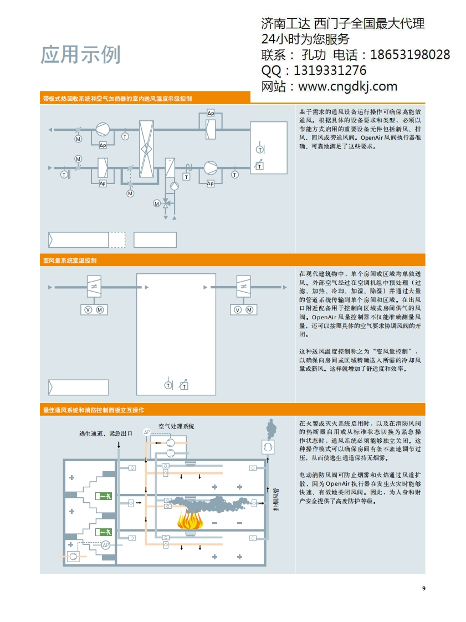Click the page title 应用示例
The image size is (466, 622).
pyautogui.click(x=80, y=54)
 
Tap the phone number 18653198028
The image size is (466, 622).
pyautogui.click(x=409, y=55)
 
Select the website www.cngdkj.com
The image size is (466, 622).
pyautogui.click(x=347, y=86)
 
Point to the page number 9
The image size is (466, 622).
pyautogui.click(x=423, y=588)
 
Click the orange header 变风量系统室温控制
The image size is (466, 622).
pyautogui.click(x=70, y=260)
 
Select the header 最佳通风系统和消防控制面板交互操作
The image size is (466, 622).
pyautogui.click(x=94, y=410)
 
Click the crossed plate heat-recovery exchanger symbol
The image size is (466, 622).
pyautogui.click(x=146, y=149)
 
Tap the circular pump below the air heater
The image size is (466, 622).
pyautogui.click(x=173, y=186)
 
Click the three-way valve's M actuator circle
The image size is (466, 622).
pyautogui.click(x=157, y=203)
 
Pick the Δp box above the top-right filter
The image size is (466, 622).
pyautogui.click(x=211, y=113)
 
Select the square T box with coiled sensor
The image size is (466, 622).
pyautogui.click(x=186, y=176)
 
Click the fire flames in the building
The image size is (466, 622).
pyautogui.click(x=191, y=520)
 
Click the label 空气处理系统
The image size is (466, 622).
pyautogui.click(x=176, y=426)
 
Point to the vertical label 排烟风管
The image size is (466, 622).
pyautogui.click(x=275, y=499)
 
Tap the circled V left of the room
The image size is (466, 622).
pyautogui.click(x=87, y=309)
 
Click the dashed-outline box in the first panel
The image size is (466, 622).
pyautogui.click(x=117, y=239)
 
